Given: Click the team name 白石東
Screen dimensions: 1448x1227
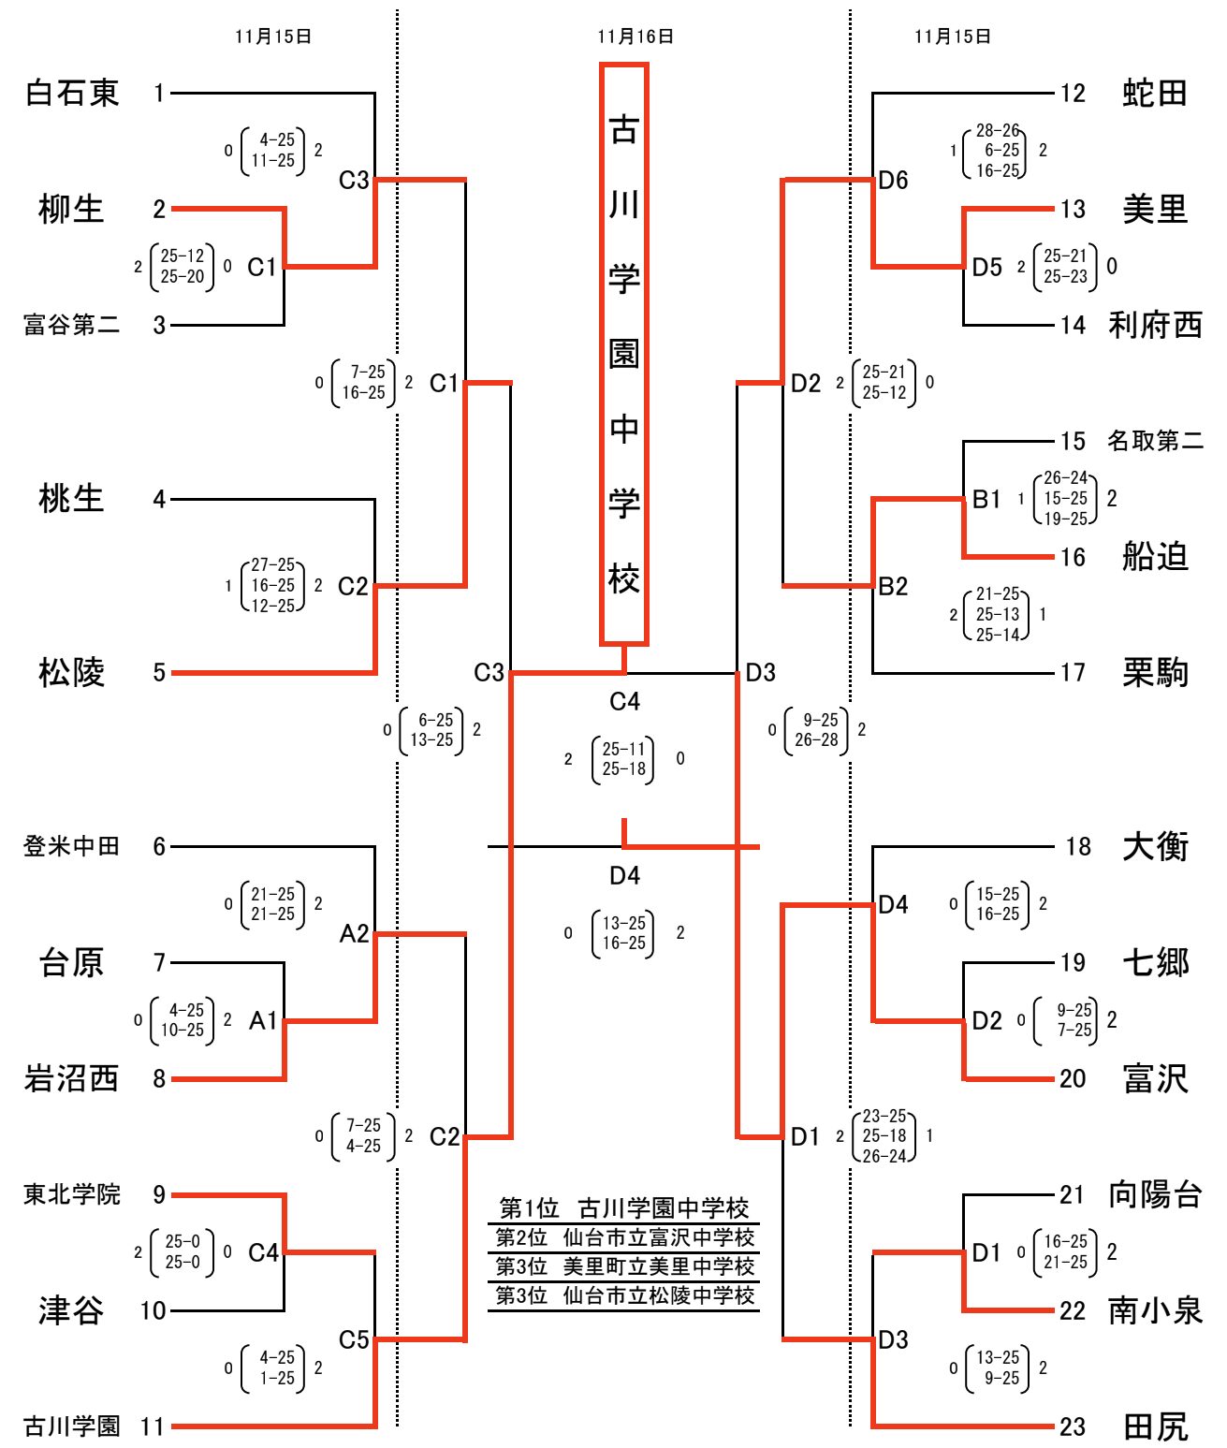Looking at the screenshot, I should click(72, 93).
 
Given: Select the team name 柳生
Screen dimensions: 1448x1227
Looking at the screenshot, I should click(71, 209).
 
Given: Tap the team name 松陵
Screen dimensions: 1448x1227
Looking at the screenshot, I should click(71, 672).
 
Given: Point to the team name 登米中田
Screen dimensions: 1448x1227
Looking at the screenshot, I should click(71, 846).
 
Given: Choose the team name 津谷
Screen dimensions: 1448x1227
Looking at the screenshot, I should click(71, 1310).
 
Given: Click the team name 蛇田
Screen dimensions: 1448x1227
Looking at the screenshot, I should click(1155, 93).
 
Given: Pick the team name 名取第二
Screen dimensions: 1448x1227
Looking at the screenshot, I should click(1155, 441).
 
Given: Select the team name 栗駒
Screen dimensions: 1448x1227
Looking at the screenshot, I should click(1155, 672).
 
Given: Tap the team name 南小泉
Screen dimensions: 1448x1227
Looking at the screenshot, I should click(1155, 1310).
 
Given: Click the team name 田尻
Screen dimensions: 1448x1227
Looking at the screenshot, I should click(1155, 1426).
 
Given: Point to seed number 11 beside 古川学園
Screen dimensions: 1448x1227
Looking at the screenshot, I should click(153, 1426).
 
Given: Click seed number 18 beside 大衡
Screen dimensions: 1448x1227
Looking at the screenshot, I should click(1078, 846).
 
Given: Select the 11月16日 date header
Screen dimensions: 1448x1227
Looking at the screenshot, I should click(635, 37).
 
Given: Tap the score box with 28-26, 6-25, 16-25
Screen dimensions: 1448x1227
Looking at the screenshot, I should click(998, 151).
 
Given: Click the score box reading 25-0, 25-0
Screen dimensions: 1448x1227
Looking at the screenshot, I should click(183, 1251).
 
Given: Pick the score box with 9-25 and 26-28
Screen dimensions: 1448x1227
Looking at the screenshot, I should click(816, 730).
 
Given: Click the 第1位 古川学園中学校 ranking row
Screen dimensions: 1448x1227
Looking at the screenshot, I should click(623, 1207).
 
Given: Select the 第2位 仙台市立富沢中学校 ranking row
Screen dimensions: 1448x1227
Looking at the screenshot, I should click(623, 1237).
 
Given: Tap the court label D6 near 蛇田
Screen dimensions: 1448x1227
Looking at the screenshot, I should click(893, 180).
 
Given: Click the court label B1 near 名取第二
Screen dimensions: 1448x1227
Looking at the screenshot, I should click(986, 499).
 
